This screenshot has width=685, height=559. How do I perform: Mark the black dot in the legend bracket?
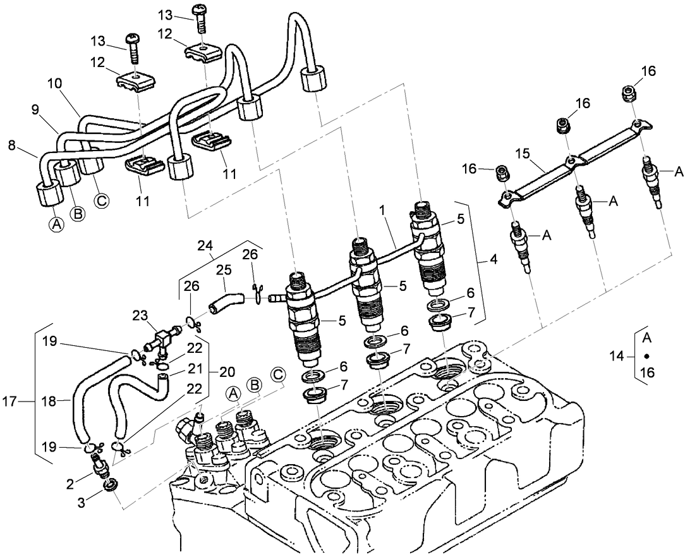click(x=646, y=356)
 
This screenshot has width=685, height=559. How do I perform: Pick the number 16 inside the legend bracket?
click(x=646, y=373)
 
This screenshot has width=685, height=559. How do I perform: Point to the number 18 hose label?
click(x=48, y=400)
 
